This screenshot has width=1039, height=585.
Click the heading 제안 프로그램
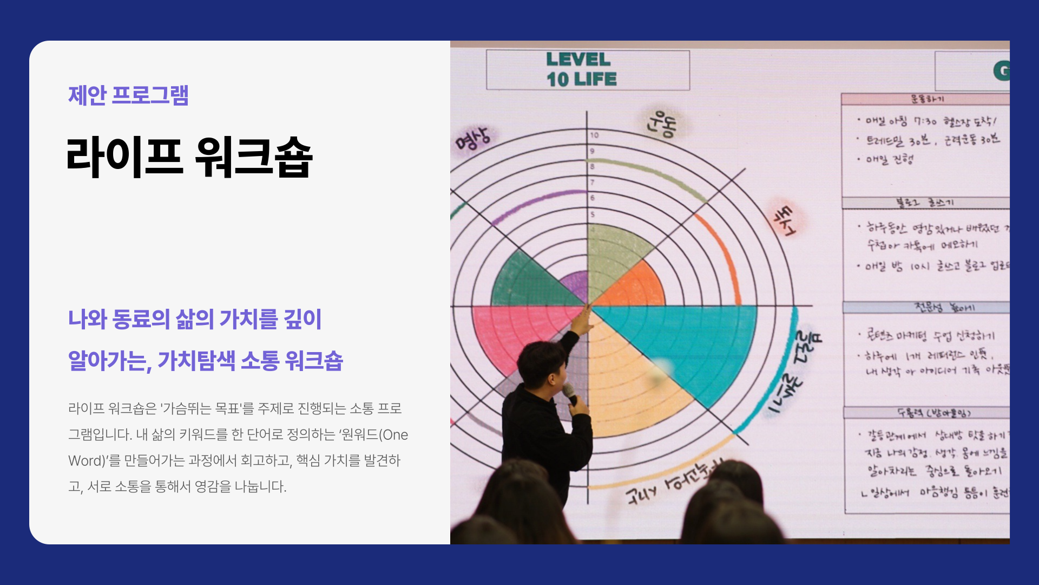tap(128, 95)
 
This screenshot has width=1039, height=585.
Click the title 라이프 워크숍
tap(189, 157)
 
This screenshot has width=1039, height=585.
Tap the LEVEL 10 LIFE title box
tap(588, 70)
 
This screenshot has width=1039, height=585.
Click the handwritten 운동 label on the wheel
tap(661, 123)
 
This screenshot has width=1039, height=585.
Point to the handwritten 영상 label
tap(473, 138)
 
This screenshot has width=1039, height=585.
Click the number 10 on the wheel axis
tap(594, 135)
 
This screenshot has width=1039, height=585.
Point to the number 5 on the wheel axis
tap(593, 214)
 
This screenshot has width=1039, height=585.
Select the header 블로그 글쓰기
tap(925, 203)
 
